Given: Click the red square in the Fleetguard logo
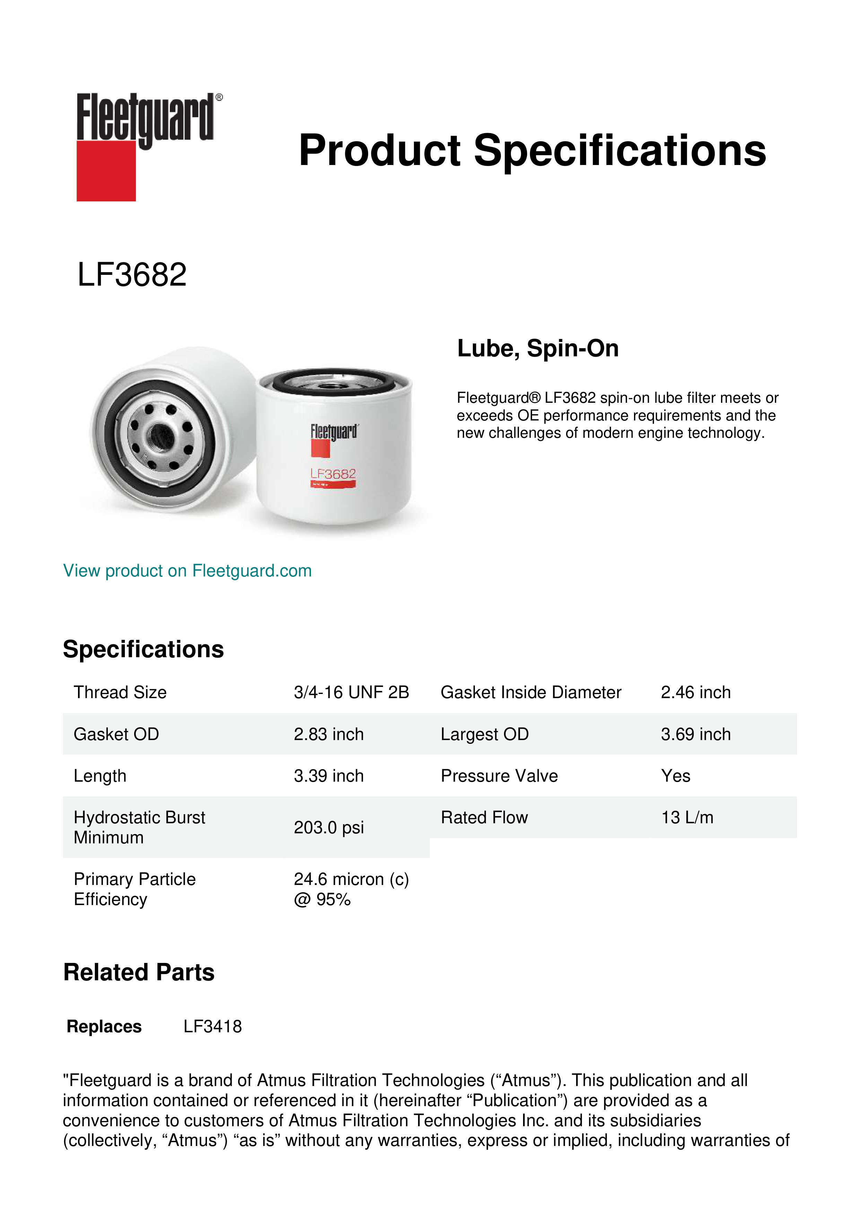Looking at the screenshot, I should coord(106,171).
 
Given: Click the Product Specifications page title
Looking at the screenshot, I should coord(532,150).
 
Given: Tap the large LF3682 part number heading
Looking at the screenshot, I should coord(132,275).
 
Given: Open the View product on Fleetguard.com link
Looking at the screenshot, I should coord(187,571).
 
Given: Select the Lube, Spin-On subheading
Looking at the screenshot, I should coord(538,348).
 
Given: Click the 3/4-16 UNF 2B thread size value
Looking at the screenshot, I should coord(351,692).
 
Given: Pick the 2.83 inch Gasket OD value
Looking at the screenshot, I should coord(328,734).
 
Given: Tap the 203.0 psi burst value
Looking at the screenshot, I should coord(328,827).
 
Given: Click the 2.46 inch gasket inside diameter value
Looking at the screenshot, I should coord(695,692).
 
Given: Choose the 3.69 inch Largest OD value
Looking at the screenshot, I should coord(695,734).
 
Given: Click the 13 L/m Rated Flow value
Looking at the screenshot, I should coord(687,818).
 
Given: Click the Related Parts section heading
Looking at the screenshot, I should coord(139,972).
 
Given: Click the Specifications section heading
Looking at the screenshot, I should coord(143,649).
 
